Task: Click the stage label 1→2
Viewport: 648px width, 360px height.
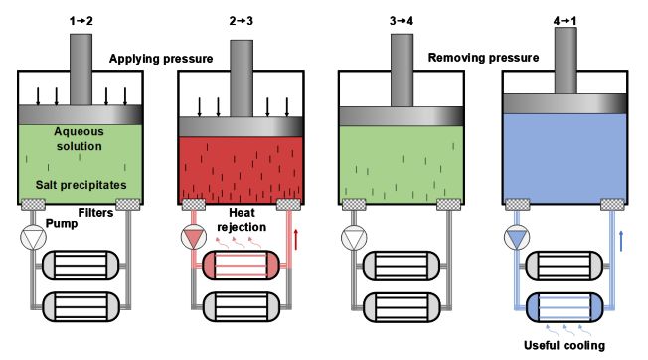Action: pos(81,21)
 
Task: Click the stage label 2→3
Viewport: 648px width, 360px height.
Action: pos(241,21)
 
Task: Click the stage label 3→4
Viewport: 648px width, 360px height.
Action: pos(402,21)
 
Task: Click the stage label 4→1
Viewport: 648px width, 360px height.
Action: pos(565,21)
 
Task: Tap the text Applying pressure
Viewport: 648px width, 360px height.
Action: pos(161,59)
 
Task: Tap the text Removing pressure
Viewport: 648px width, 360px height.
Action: pos(483,58)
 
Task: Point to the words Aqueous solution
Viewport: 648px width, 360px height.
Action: pos(79,139)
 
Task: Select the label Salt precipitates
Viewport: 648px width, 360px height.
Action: pos(81,185)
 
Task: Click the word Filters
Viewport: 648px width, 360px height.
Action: pos(95,213)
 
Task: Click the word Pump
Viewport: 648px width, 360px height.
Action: pos(62,224)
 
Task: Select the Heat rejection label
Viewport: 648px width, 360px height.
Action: pos(242,220)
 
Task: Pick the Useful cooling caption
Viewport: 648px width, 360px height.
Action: pos(565,345)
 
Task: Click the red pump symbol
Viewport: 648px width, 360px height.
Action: pos(194,237)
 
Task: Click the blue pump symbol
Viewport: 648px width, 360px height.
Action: pos(517,237)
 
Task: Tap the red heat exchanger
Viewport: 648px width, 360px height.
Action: pos(241,265)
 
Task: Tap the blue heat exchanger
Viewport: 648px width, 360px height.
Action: pos(565,307)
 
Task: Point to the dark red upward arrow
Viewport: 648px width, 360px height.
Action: pos(296,240)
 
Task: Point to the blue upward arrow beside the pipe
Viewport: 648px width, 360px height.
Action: pos(621,242)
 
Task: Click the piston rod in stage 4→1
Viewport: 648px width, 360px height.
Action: pos(566,61)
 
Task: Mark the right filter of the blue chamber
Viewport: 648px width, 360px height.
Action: pos(612,205)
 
